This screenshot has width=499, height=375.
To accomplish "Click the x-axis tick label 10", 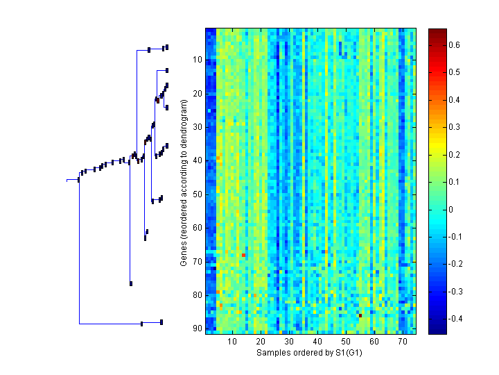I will pos(232,342).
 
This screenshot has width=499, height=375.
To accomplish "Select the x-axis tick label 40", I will pos(317,342).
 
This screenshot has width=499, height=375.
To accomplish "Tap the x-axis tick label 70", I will pos(402,342).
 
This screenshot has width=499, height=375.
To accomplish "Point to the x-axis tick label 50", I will pos(346,342).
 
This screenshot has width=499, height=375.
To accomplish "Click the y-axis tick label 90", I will pos(196,328).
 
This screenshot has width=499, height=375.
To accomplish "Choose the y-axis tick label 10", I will pos(196,60).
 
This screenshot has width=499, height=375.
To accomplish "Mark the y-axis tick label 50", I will pos(196,194).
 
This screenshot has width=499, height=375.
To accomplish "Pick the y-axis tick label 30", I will pos(196,127).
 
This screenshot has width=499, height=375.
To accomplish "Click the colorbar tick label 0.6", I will pos(455,45).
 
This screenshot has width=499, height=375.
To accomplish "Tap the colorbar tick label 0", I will pos(452,209).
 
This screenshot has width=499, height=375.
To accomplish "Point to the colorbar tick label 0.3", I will pos(455,127).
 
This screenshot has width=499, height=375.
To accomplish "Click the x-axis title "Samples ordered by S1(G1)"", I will pos(310,353).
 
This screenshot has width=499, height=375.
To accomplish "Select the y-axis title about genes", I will pos(184,183).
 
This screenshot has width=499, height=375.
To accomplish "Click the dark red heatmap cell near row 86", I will pos(360,315).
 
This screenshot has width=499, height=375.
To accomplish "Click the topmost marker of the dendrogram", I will pos(167,47).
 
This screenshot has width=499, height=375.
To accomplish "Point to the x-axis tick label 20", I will pos(261,342).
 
